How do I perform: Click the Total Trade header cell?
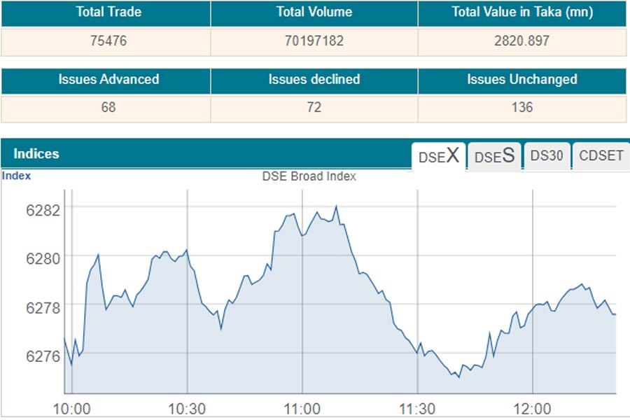(105, 12)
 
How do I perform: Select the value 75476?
(105, 41)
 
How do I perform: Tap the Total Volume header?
(314, 12)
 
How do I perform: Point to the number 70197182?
(314, 41)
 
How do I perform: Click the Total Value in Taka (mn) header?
(521, 12)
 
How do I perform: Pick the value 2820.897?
(521, 41)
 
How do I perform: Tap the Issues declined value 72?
(314, 107)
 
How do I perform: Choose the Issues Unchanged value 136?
(521, 107)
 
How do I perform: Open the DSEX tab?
(438, 156)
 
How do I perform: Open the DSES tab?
(494, 156)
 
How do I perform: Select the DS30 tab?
(546, 156)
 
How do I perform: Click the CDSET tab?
(601, 156)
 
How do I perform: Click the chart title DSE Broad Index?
(309, 176)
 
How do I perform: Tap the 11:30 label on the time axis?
(417, 409)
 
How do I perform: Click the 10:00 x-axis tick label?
(72, 409)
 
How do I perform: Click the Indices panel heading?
(36, 154)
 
